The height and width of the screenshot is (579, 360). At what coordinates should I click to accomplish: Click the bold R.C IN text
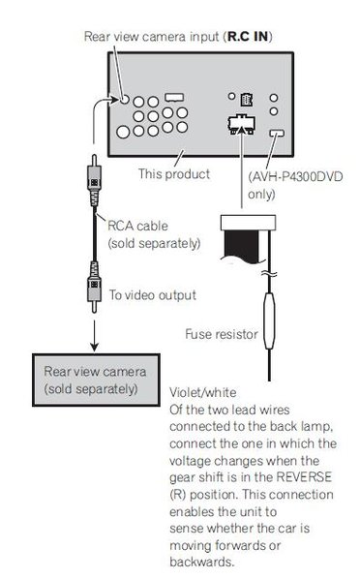pyautogui.click(x=248, y=37)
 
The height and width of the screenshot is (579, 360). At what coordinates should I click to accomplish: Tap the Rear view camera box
pyautogui.click(x=96, y=380)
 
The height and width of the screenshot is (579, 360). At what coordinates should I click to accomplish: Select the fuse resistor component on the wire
pyautogui.click(x=269, y=320)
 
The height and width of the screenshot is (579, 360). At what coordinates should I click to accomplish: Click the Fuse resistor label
pyautogui.click(x=222, y=334)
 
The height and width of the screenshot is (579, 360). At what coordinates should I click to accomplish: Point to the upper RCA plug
pyautogui.click(x=94, y=180)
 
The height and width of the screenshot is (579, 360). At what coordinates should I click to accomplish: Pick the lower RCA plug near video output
pyautogui.click(x=94, y=288)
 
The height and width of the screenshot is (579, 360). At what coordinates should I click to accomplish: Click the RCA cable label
pyautogui.click(x=137, y=226)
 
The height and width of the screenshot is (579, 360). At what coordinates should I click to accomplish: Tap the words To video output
pyautogui.click(x=152, y=295)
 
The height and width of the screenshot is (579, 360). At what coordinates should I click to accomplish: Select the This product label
pyautogui.click(x=174, y=174)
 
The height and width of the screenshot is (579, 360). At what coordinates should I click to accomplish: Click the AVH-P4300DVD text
pyautogui.click(x=295, y=176)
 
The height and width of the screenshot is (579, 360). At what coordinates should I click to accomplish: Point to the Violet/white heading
pyautogui.click(x=202, y=392)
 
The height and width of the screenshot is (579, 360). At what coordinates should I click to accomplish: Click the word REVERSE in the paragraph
pyautogui.click(x=304, y=477)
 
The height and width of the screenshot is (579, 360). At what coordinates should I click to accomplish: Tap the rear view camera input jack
pyautogui.click(x=125, y=99)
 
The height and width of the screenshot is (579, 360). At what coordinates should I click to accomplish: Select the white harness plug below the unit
pyautogui.click(x=248, y=223)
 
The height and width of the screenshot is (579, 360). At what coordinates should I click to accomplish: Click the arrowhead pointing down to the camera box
pyautogui.click(x=94, y=347)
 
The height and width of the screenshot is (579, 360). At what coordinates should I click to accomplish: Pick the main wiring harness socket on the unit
pyautogui.click(x=241, y=125)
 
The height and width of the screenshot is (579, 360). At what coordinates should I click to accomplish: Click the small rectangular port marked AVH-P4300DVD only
pyautogui.click(x=277, y=133)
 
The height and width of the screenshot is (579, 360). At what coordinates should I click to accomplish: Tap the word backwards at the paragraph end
pyautogui.click(x=201, y=562)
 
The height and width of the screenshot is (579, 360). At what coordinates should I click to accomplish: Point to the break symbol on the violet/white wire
pyautogui.click(x=269, y=274)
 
